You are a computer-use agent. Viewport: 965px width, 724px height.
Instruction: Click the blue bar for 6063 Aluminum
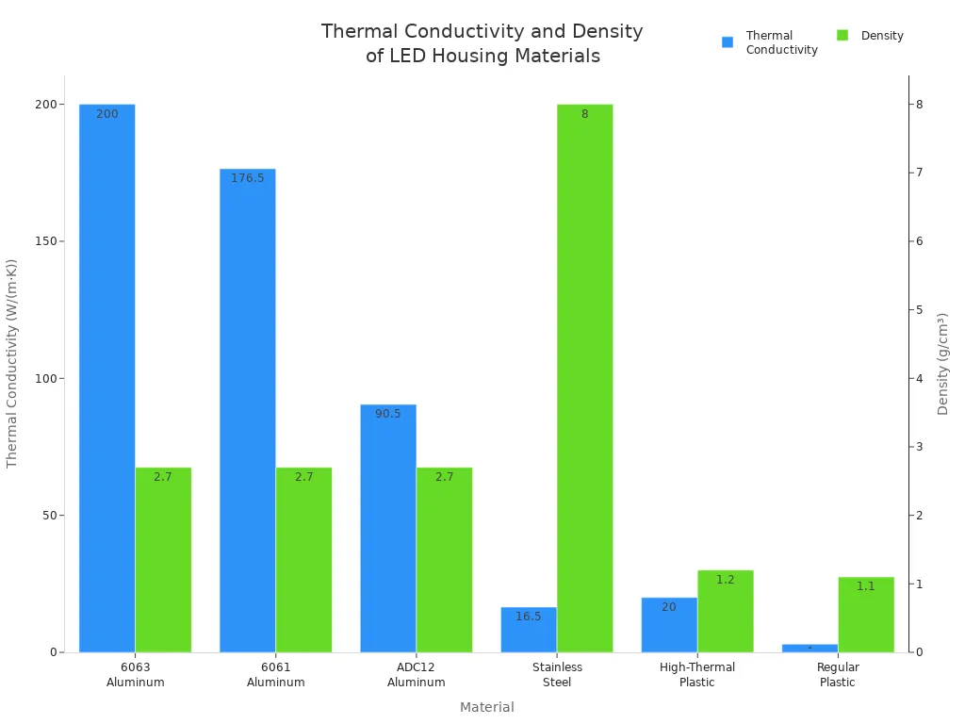coord(106,377)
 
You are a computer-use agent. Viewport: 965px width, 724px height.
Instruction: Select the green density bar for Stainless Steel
coord(584,377)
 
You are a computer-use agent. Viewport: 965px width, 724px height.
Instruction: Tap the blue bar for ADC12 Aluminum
coord(387,528)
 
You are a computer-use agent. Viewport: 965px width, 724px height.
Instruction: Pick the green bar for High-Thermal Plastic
coord(725,613)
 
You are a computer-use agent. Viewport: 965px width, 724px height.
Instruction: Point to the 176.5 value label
coord(248,178)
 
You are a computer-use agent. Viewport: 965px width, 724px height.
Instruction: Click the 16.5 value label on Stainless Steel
coord(528,617)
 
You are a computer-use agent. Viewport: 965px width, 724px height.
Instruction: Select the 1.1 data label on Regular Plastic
coord(865,586)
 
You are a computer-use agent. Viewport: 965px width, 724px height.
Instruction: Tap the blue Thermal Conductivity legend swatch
coord(728,42)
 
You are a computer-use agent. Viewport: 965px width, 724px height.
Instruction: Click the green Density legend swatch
coord(842,36)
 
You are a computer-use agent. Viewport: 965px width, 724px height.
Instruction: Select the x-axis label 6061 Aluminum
coord(275,675)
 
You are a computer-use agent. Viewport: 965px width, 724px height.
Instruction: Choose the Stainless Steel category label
coord(557,675)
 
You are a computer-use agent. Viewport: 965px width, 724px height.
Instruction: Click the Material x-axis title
coord(486,707)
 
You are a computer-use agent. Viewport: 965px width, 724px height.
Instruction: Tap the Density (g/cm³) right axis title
coord(942,364)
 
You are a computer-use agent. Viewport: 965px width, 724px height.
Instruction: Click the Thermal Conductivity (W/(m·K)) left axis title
coord(12,364)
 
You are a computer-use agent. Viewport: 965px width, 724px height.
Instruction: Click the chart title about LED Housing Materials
coord(482,43)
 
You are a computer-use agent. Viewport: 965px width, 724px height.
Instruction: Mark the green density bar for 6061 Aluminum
coord(303,560)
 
